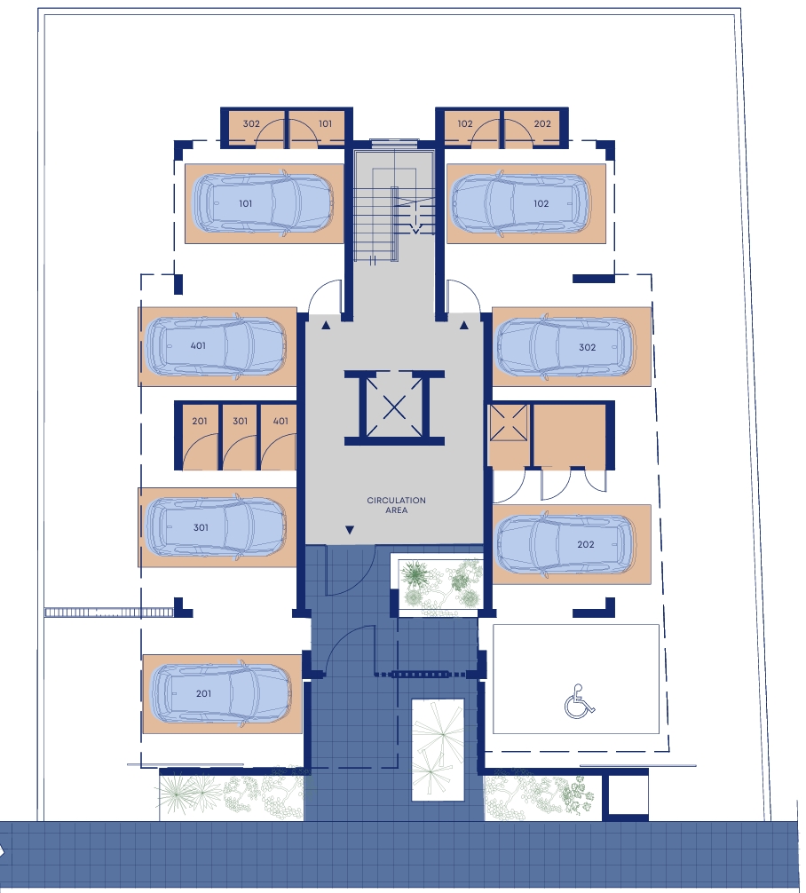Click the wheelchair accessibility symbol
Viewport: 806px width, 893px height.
point(580,701)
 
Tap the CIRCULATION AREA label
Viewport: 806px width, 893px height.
point(397,505)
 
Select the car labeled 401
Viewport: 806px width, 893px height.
point(217,346)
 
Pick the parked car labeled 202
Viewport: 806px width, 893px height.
point(565,544)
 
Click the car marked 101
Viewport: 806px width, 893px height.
point(263,203)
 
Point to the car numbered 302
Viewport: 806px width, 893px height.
point(565,347)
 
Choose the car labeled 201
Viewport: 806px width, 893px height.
point(221,693)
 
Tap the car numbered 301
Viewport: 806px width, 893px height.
point(217,526)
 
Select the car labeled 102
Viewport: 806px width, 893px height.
point(521,203)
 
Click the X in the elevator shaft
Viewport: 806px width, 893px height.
point(394,407)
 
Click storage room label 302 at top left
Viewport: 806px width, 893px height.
point(251,123)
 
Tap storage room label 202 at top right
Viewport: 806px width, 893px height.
point(542,123)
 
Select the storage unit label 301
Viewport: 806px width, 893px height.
point(241,421)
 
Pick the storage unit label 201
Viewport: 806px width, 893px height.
point(200,421)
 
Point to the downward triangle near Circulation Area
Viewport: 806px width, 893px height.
point(350,530)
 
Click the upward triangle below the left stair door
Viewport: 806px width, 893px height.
point(326,325)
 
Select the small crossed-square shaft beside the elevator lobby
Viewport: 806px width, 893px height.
point(509,423)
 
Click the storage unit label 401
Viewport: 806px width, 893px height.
point(281,421)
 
